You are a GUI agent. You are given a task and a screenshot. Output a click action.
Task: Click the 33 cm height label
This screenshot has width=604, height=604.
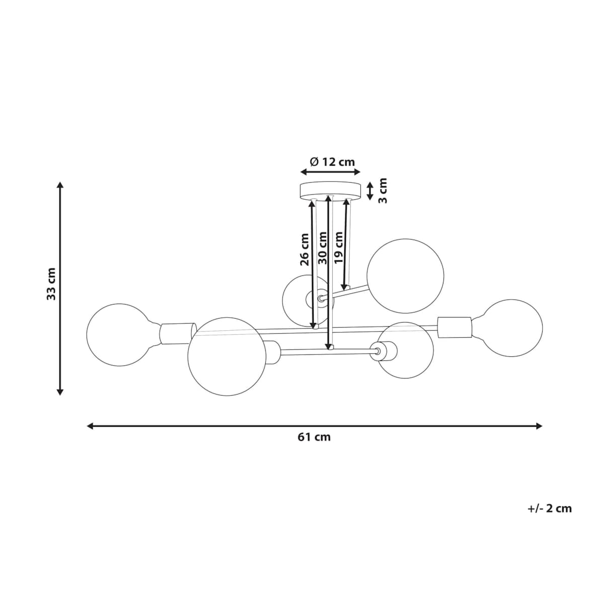tap(51, 284)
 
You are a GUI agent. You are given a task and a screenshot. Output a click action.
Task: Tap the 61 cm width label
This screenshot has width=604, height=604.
tap(314, 437)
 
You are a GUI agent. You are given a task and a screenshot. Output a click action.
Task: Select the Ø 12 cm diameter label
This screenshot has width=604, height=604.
tap(332, 162)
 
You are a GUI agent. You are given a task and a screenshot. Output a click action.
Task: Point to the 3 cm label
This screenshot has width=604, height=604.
tap(383, 190)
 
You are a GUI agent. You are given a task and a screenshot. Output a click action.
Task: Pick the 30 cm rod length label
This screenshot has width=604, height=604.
tap(322, 248)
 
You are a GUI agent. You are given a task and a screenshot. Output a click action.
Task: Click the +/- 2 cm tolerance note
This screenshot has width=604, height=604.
tap(550, 508)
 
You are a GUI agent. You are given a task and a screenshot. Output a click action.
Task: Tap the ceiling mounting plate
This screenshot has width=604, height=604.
tap(330, 191)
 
